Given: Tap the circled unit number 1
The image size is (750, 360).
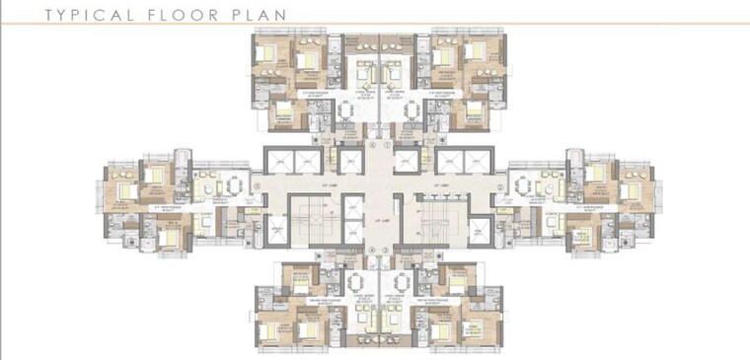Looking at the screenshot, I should coord(387,145).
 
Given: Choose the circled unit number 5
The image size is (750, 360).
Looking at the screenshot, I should coord(257,185).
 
